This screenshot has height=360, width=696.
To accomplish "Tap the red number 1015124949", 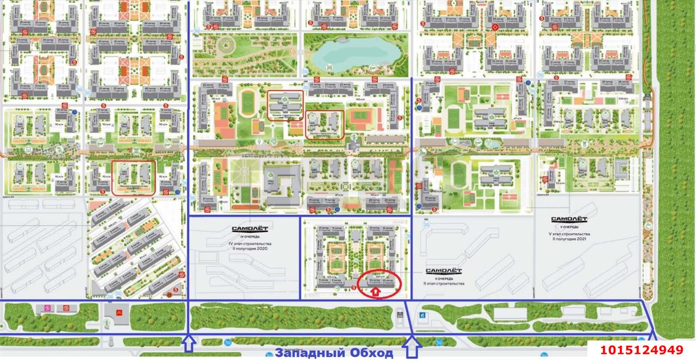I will coord(641,350).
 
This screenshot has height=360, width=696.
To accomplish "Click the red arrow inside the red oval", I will coord(375,292).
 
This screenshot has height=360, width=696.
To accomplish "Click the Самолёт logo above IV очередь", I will coord(248,229).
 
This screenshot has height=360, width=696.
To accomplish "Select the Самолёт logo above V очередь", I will coord(569,220).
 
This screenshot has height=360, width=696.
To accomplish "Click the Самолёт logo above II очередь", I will coord(443,271).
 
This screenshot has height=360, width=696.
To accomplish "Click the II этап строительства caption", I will coord(444,284).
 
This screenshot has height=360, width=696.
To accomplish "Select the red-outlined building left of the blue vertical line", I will coord(133,177).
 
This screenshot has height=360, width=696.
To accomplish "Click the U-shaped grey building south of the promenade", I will coord(282,185).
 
